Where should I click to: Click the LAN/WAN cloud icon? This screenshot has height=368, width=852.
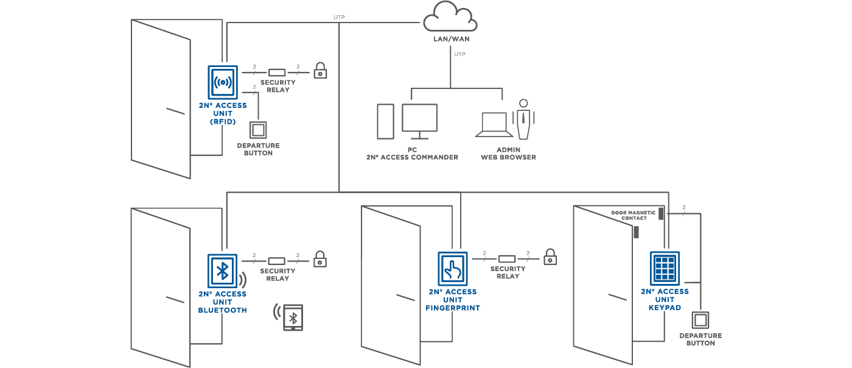(x=450, y=17)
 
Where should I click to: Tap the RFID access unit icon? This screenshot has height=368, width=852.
(x=223, y=82)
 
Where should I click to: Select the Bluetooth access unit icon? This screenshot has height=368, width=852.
(x=222, y=271)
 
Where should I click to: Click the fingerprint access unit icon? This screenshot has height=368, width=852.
(x=453, y=269)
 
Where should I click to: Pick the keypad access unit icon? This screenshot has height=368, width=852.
(x=665, y=268)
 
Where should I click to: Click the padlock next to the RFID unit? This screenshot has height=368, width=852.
(x=320, y=71)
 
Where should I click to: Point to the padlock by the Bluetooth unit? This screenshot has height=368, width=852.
(x=320, y=259)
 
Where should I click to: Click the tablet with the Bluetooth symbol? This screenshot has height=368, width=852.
(x=293, y=317)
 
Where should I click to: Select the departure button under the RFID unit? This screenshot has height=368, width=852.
(x=258, y=130)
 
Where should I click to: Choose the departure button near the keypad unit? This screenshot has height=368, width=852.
(x=700, y=320)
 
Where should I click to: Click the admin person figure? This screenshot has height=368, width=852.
(x=523, y=119)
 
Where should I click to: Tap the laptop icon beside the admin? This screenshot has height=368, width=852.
(x=494, y=124)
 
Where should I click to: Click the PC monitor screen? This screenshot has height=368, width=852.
(x=419, y=118)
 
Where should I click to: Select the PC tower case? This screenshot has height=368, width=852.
(x=385, y=121)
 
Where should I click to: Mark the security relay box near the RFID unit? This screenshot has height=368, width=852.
(x=277, y=73)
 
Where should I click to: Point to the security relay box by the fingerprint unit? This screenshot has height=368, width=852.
(x=507, y=259)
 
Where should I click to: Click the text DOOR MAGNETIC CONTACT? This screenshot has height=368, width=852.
(x=634, y=216)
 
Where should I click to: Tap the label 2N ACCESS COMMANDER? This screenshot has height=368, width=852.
(x=413, y=157)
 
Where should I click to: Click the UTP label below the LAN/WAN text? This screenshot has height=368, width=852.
(x=460, y=54)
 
